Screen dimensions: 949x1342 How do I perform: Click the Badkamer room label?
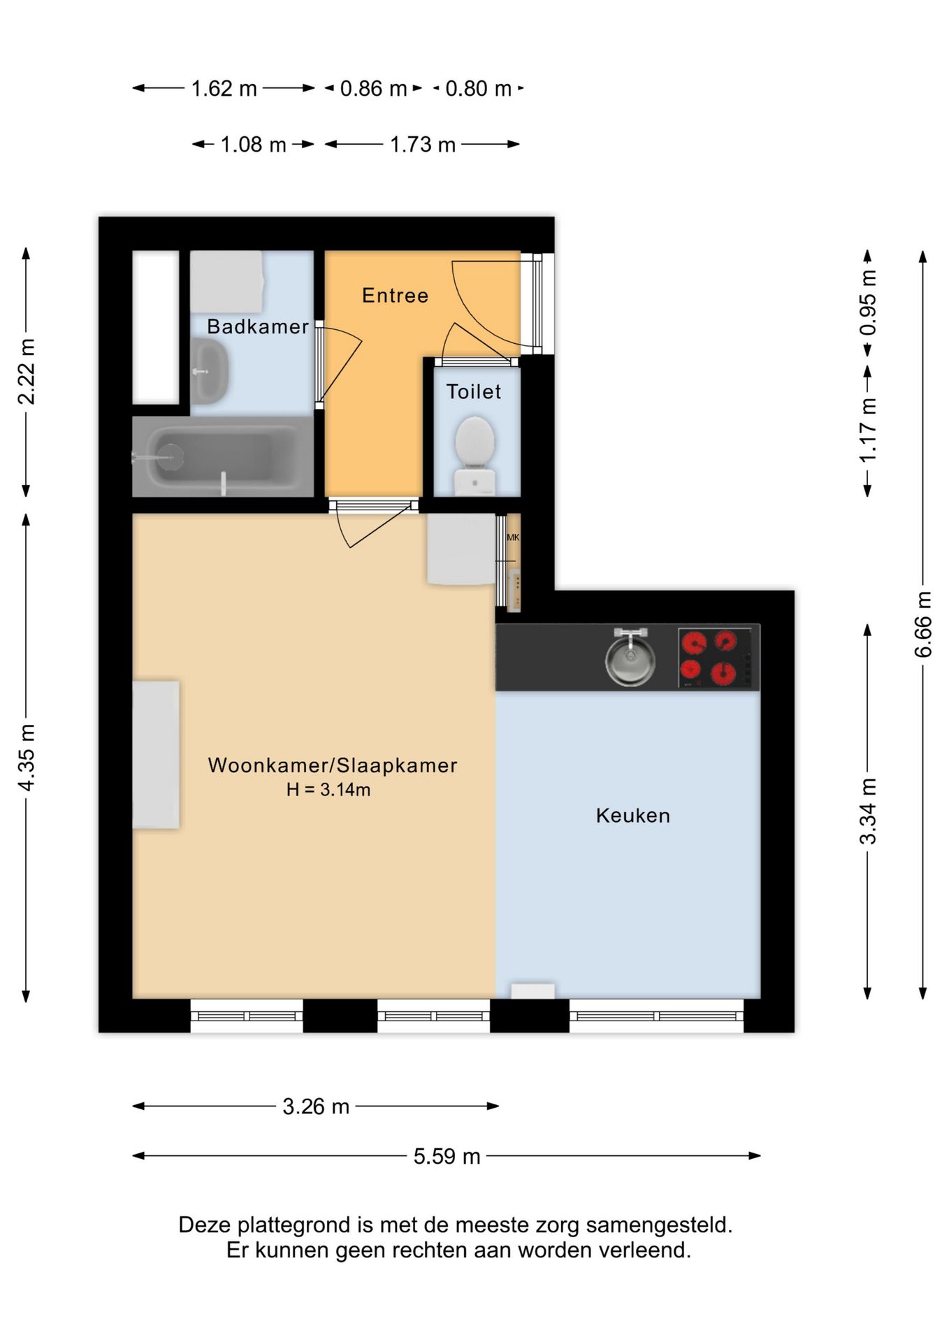pos(258,326)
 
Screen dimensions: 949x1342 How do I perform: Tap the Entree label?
pos(395,296)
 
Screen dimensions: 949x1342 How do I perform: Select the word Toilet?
pos(474,391)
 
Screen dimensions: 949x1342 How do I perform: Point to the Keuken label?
pos(633,816)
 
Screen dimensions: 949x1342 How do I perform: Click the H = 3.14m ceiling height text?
pos(328,790)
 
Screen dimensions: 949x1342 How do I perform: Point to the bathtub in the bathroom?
pos(223,456)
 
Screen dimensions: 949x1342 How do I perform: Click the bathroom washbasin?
pos(209,371)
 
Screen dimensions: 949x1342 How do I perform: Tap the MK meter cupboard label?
pos(513,537)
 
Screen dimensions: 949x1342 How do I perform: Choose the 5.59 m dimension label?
pos(447,1156)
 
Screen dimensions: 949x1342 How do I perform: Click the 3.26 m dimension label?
pos(316,1106)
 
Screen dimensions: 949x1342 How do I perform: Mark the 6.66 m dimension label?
pos(923,624)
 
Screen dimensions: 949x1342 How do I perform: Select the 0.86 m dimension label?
pos(373,89)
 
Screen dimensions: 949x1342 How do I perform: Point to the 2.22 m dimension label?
pos(27,372)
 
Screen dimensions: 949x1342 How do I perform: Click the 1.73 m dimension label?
pos(423,145)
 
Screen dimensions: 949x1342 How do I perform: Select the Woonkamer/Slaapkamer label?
pos(333,765)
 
